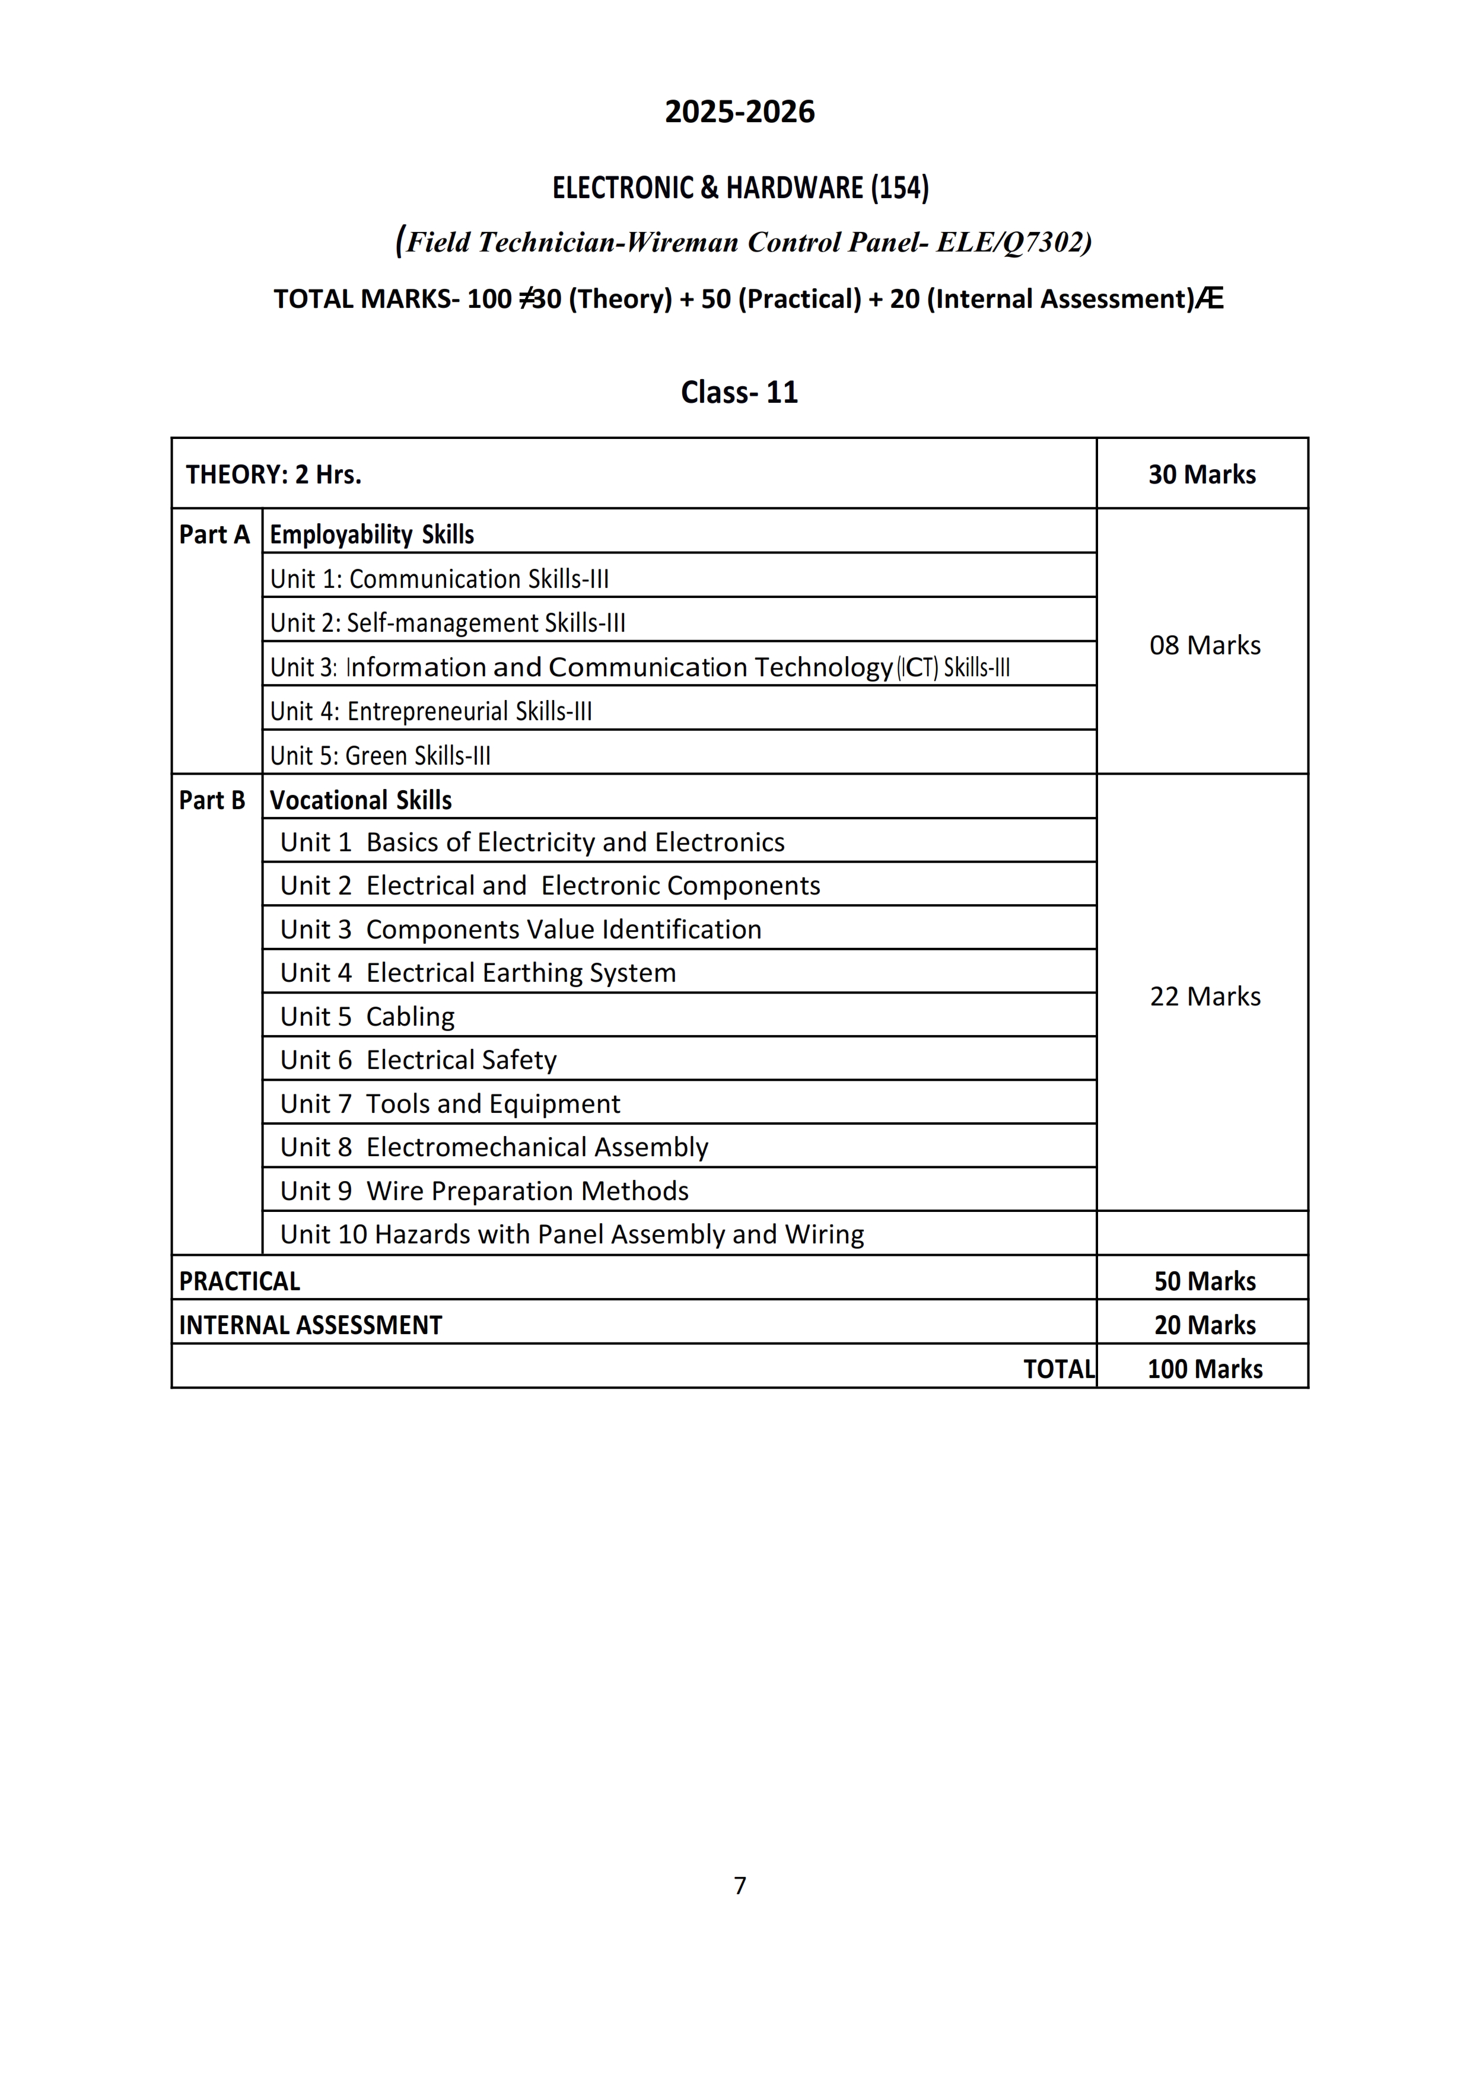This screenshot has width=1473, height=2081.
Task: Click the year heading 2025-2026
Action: coord(739,112)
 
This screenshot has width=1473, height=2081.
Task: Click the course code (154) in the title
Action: coord(900,187)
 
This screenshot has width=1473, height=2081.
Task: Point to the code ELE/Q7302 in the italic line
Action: coord(1010,242)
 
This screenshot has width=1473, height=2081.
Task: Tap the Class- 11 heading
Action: coord(739,392)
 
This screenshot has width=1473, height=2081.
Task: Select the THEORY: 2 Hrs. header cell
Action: coord(274,474)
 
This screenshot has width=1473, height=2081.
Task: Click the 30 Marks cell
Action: coord(1202,474)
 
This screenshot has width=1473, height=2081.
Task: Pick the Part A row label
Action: coord(214,534)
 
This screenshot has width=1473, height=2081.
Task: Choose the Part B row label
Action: coord(212,800)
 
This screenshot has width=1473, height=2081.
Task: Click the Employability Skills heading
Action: coord(372,534)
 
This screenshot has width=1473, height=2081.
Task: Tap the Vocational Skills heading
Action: coord(361,800)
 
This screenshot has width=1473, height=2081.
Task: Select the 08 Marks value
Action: coord(1204,645)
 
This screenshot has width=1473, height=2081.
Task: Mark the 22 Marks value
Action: coord(1204,995)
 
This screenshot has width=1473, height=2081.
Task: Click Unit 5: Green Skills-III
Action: coord(380,755)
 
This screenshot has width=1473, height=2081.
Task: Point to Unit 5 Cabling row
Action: coord(367,1016)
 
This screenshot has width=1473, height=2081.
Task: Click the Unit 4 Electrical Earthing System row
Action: coord(478,973)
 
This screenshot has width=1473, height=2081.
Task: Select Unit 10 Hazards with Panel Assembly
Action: coord(571,1234)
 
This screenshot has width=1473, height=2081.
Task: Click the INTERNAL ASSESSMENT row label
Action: coord(310,1325)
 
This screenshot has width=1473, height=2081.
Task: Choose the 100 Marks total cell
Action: coord(1204,1369)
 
